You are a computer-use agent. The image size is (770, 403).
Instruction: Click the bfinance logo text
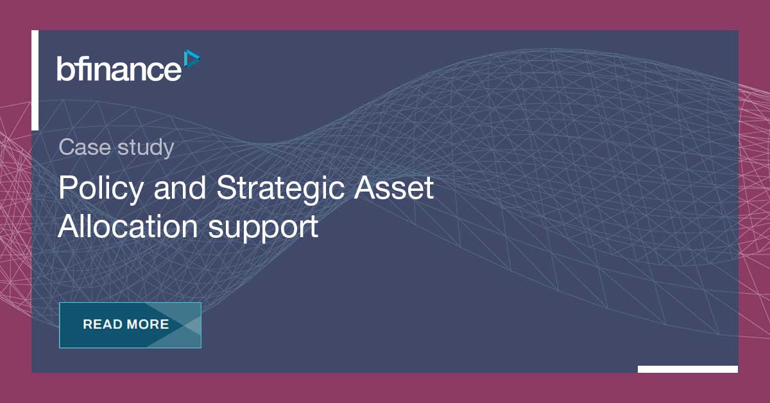click(119, 68)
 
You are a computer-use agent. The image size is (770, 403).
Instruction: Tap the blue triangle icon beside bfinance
click(191, 58)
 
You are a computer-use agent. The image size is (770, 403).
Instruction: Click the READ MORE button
click(130, 325)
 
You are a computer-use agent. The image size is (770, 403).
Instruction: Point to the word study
click(146, 149)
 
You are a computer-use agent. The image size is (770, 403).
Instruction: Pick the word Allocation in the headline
click(128, 227)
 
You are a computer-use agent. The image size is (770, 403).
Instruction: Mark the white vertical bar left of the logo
click(35, 80)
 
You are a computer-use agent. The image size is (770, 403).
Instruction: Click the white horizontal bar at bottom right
click(687, 369)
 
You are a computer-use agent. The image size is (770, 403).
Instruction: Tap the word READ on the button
click(101, 325)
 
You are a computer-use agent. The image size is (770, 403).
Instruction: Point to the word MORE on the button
click(148, 325)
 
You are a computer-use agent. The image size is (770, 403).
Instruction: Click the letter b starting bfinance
click(63, 68)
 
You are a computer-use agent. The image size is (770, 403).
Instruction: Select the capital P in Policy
click(66, 188)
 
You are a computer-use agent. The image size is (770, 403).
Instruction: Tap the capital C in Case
click(67, 148)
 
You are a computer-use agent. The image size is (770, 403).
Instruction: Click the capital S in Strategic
click(226, 188)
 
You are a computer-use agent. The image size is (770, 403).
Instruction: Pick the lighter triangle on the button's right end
click(192, 325)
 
